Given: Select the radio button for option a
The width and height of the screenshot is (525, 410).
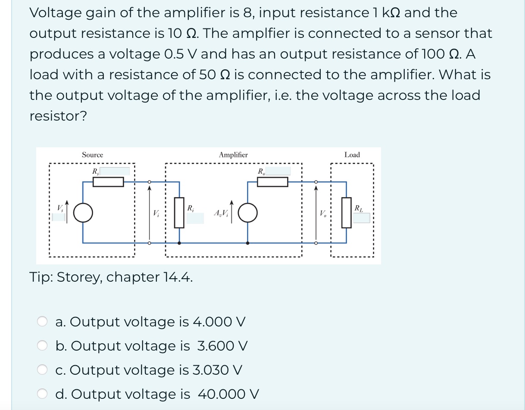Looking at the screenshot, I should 42,321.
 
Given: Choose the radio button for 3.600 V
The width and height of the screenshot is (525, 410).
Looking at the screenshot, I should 42,345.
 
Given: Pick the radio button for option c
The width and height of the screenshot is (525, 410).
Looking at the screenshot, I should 42,370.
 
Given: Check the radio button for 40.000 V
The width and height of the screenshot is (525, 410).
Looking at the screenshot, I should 42,394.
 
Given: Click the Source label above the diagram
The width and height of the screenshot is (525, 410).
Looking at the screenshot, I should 93,155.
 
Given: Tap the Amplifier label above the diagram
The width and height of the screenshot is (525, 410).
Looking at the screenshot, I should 233,155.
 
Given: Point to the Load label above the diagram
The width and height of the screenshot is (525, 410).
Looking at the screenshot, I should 352,155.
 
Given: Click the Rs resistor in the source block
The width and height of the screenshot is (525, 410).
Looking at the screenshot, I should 108,182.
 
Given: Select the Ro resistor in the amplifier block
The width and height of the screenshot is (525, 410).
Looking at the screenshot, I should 272,182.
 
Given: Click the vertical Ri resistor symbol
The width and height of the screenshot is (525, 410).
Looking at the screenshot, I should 179,212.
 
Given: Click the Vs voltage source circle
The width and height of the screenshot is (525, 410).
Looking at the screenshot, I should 83,212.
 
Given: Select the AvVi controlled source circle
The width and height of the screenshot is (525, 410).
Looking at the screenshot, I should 248,212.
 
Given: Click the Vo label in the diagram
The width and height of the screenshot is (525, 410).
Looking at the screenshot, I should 322,213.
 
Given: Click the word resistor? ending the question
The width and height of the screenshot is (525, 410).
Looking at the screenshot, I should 58,116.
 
